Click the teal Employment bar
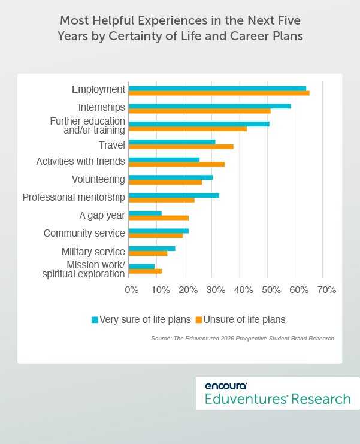click(x=217, y=88)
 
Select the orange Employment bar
click(x=219, y=93)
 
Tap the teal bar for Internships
click(x=210, y=106)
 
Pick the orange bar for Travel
click(x=181, y=147)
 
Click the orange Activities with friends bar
click(x=177, y=164)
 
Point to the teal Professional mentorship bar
click(x=174, y=195)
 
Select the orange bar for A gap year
click(x=159, y=218)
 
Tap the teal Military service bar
click(x=152, y=249)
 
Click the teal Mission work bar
click(x=142, y=266)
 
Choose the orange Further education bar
click(x=187, y=129)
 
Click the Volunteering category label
click(x=98, y=179)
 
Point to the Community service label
click(x=84, y=233)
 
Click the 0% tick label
click(x=131, y=290)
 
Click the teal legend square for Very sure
click(x=94, y=319)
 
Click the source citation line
click(x=243, y=339)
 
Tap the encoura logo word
click(x=225, y=386)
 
